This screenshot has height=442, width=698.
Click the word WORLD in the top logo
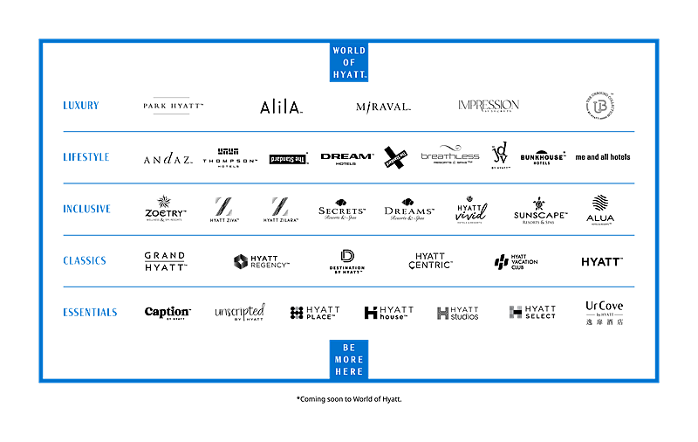(x=349, y=51)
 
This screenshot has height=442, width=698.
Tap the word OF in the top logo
(x=349, y=63)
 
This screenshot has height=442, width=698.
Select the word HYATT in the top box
(x=349, y=76)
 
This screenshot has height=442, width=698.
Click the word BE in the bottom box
(x=349, y=348)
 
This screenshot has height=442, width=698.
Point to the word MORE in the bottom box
(x=349, y=360)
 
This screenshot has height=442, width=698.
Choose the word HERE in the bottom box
(x=349, y=372)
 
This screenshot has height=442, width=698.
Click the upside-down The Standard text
(x=288, y=159)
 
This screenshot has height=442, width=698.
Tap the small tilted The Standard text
(x=396, y=159)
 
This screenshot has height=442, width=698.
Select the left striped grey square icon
(x=223, y=205)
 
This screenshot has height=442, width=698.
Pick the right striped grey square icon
(x=280, y=205)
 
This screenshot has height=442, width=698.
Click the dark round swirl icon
(x=240, y=261)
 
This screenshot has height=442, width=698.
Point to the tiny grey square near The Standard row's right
(x=492, y=146)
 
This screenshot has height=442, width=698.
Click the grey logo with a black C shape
(x=531, y=312)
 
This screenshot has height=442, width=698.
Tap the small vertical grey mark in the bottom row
(x=297, y=312)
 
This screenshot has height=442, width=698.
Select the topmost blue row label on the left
(x=81, y=106)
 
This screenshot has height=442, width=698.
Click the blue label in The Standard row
(x=86, y=157)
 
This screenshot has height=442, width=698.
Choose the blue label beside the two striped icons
(x=87, y=209)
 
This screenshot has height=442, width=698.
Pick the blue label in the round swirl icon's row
(x=84, y=260)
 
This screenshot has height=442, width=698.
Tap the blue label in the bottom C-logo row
(x=90, y=312)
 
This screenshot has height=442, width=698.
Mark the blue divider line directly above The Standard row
(x=349, y=132)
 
